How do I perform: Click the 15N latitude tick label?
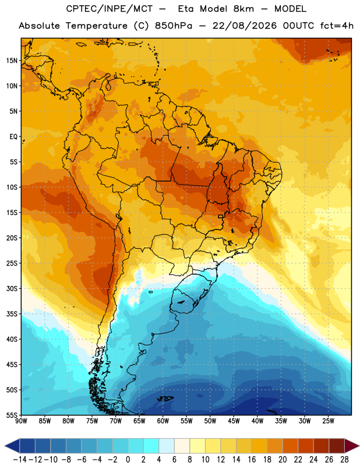pos(12,61)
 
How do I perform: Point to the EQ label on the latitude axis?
pos(13,137)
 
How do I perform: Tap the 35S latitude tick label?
pos(12,314)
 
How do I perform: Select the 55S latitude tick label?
pos(12,415)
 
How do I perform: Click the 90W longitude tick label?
pos(21,421)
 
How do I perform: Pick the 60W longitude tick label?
pos(163,421)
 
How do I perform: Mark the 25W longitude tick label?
pos(328,421)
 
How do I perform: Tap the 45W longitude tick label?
pos(234,421)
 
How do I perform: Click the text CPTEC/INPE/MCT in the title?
pos(110,9)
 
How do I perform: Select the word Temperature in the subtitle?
pos(96,26)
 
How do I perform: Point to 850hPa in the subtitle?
pos(174,26)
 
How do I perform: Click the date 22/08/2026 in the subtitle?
pos(244,26)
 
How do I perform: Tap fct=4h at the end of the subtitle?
pos(337,26)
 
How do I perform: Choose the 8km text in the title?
pos(243,9)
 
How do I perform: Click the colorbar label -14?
pos(20,460)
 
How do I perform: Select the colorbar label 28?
pos(344,460)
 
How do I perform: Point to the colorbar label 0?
pos(128,460)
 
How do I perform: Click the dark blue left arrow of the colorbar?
pos(12,446)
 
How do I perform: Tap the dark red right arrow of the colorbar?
pos(352,446)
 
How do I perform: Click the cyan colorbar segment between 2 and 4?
pos(151,446)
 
